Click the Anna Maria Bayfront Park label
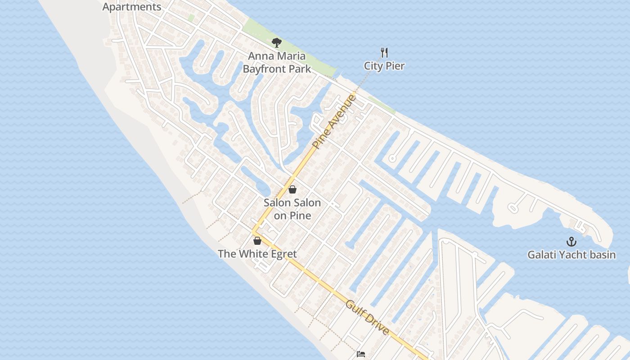pos(277,63)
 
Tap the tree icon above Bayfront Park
pos(277,43)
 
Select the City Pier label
pos(384,66)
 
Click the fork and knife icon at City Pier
pos(384,52)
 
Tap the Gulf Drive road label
pos(367,318)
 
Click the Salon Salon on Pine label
pos(292,209)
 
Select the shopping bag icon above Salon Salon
pos(292,189)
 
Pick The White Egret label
pos(257,254)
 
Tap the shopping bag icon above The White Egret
pos(257,241)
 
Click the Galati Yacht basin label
pos(571,255)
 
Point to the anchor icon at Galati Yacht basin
pos(571,242)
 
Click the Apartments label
pos(132,7)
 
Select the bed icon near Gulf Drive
pos(361,354)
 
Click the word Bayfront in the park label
pos(263,69)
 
